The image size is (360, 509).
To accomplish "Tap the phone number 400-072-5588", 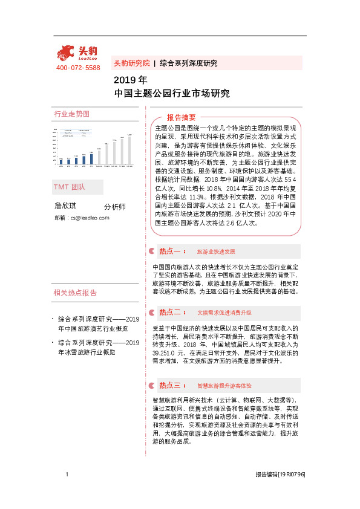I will tap(78, 68).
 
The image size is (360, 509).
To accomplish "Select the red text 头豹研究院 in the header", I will tap(131, 63).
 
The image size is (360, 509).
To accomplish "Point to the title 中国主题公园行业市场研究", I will tap(172, 94).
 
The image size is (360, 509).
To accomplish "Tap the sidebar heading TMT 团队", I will tap(70, 187).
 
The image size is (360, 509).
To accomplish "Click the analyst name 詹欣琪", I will tap(66, 206).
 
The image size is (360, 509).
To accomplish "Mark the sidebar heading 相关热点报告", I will tap(75, 293).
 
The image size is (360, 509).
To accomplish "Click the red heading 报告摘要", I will tap(181, 117).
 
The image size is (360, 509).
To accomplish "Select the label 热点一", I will tap(171, 251).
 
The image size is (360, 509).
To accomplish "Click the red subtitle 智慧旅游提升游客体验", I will tap(224, 385).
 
